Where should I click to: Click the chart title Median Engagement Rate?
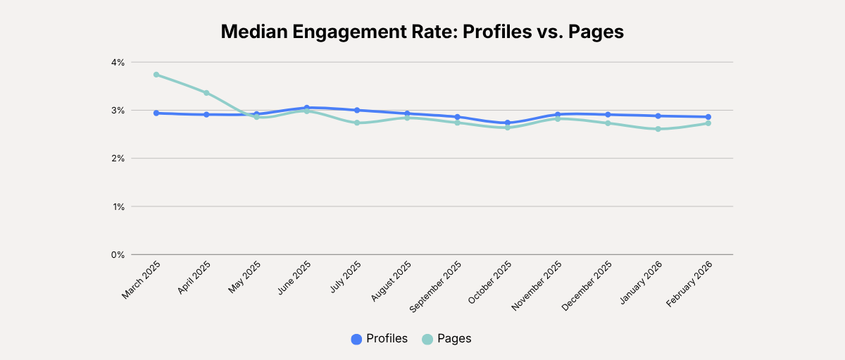tap(423, 32)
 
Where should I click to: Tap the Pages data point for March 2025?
tap(156, 75)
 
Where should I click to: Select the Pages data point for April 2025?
tap(206, 93)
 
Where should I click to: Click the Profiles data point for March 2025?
tap(156, 113)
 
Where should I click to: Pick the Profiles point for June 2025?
tap(307, 108)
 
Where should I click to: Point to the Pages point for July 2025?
tap(357, 123)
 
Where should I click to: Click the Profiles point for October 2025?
tap(508, 123)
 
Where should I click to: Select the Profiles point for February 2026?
tap(708, 117)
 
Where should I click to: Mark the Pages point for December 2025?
tap(608, 123)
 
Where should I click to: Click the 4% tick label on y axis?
tap(117, 62)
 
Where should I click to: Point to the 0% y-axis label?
tap(117, 254)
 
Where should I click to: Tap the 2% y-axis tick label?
tap(117, 159)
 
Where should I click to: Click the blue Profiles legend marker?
tap(356, 339)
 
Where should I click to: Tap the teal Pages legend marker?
tap(427, 339)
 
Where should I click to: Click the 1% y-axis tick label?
tap(117, 206)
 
